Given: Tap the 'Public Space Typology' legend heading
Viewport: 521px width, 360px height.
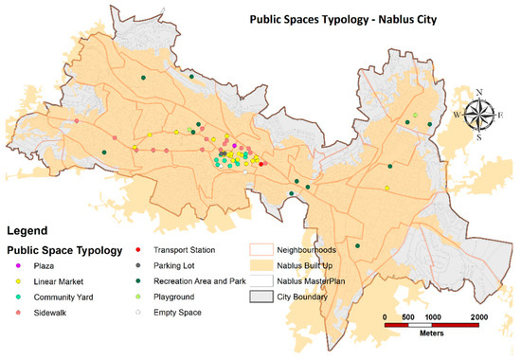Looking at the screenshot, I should pyautogui.click(x=64, y=251).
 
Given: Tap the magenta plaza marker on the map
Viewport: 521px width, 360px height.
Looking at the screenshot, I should pyautogui.click(x=235, y=145).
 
